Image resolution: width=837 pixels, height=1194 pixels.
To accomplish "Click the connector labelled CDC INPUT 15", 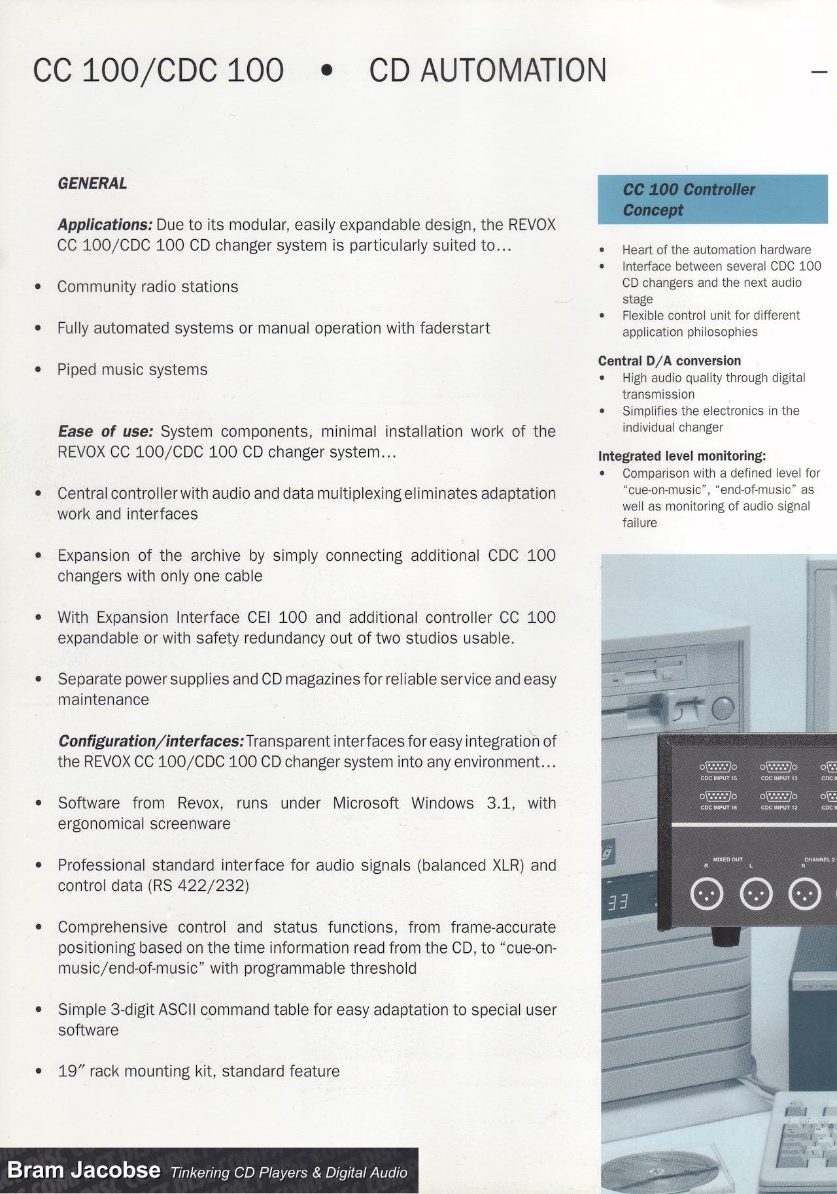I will pos(718,767).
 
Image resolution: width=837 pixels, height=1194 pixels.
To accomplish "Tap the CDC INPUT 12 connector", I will pos(778,797).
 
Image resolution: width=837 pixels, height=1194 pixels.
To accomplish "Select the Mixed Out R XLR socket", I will pos(707,894).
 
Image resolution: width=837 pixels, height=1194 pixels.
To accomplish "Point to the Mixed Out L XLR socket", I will pos(756,894).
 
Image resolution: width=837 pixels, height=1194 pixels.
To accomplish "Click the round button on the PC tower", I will pos(723,708).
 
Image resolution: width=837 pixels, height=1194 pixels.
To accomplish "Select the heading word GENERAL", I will pos(92,184).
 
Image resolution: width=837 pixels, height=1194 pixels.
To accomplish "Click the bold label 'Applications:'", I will pos(105,225).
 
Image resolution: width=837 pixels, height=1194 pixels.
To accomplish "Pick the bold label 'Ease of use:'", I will pos(105,431).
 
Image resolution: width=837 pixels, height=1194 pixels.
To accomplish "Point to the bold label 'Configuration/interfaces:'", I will pos(151,741).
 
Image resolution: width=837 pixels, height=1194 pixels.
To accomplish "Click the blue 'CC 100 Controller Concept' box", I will pos(712,199).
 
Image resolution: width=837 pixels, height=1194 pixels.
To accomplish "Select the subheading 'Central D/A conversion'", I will pos(669,361).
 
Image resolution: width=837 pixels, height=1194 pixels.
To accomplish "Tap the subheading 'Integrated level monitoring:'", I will pos(681,456).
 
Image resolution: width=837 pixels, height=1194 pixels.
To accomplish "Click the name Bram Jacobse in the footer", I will pos(84,1170).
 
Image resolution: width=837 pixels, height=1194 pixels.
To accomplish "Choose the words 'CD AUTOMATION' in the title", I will pos(487,71).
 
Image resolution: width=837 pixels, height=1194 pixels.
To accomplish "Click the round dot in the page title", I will pos(327,71).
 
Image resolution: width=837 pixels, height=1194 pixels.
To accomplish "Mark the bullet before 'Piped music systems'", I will pos(39,370).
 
